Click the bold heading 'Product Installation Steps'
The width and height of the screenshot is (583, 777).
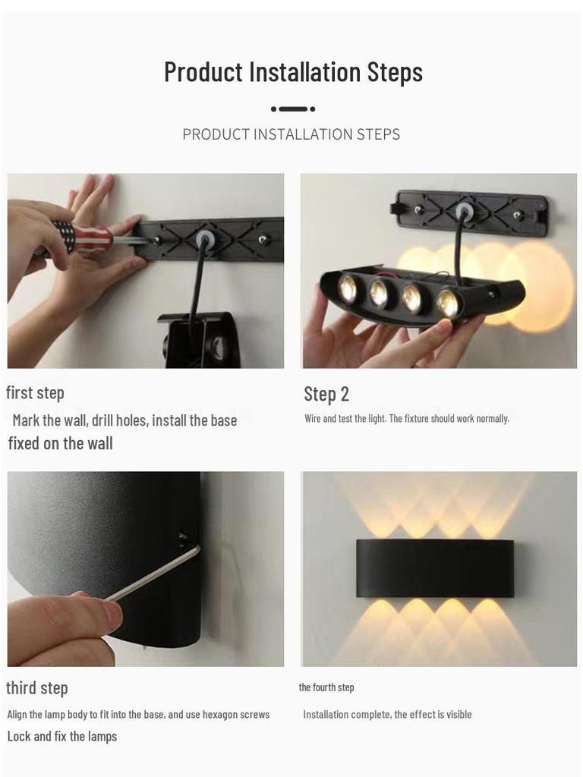tap(293, 72)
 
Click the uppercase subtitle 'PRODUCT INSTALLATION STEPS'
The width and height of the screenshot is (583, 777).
tap(291, 134)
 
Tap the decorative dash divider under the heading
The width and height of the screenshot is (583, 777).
tap(293, 109)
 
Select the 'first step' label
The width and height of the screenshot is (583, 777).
tap(35, 393)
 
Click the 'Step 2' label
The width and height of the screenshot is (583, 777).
tap(326, 394)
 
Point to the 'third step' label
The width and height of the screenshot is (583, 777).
tap(37, 688)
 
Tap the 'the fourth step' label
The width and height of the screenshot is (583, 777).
tap(326, 687)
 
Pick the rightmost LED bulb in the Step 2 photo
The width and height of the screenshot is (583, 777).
tap(447, 303)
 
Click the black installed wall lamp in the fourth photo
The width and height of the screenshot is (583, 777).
tap(435, 568)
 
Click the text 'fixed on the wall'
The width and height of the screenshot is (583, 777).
tap(61, 444)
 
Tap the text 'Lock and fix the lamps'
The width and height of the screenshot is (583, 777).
tap(62, 737)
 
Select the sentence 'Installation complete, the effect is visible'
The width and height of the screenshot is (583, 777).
tap(387, 714)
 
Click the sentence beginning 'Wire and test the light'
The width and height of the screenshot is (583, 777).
tap(407, 419)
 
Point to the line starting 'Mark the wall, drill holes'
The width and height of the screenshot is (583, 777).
tap(124, 420)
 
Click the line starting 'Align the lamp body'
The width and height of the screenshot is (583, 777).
tap(138, 714)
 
